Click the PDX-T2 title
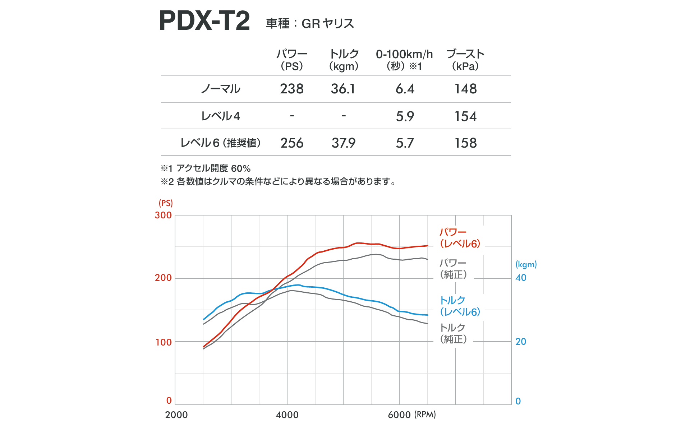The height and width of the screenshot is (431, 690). (x=204, y=21)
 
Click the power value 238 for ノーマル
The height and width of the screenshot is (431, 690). (x=292, y=89)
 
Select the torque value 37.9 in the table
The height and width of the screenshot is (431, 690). (x=343, y=143)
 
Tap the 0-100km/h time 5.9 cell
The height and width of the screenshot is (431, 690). (x=405, y=116)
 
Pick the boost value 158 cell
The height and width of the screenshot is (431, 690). (x=465, y=143)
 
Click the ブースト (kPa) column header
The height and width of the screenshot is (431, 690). (x=465, y=60)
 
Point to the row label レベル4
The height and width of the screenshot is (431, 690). (x=220, y=116)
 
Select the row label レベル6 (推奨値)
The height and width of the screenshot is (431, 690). (x=220, y=143)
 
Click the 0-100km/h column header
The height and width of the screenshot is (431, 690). (x=404, y=60)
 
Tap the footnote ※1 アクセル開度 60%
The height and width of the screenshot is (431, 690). (x=205, y=168)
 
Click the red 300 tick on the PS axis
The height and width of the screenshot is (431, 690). (x=163, y=215)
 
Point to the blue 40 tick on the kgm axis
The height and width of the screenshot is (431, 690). (x=521, y=278)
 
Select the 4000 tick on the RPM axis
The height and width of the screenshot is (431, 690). (x=287, y=415)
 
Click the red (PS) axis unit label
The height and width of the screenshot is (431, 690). (x=166, y=203)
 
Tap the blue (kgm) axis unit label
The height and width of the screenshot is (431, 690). (x=526, y=265)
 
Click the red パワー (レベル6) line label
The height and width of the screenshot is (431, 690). (x=460, y=238)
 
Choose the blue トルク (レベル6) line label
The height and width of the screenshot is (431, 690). (x=460, y=306)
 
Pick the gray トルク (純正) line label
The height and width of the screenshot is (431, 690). (x=453, y=333)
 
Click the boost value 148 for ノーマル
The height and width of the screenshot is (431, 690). (x=465, y=89)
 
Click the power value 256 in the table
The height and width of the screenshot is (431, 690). (x=292, y=143)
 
